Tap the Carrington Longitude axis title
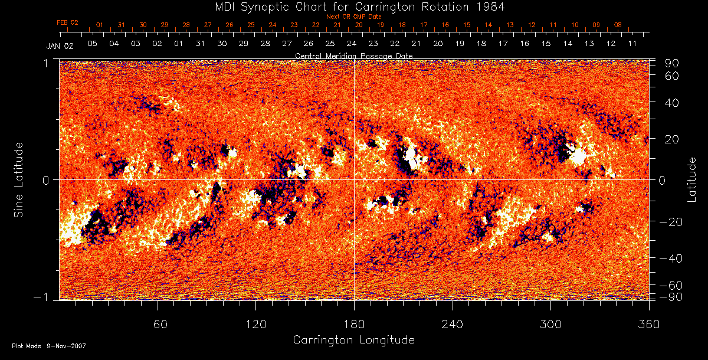(x=353, y=340)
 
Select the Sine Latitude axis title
(x=19, y=178)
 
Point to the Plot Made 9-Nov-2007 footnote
(x=49, y=346)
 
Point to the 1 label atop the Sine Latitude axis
(x=45, y=62)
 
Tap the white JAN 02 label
(x=60, y=45)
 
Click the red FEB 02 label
(x=67, y=22)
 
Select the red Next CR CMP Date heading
(x=354, y=17)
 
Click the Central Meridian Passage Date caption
(x=354, y=55)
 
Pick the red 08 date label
(x=618, y=25)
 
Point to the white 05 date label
(x=92, y=44)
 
